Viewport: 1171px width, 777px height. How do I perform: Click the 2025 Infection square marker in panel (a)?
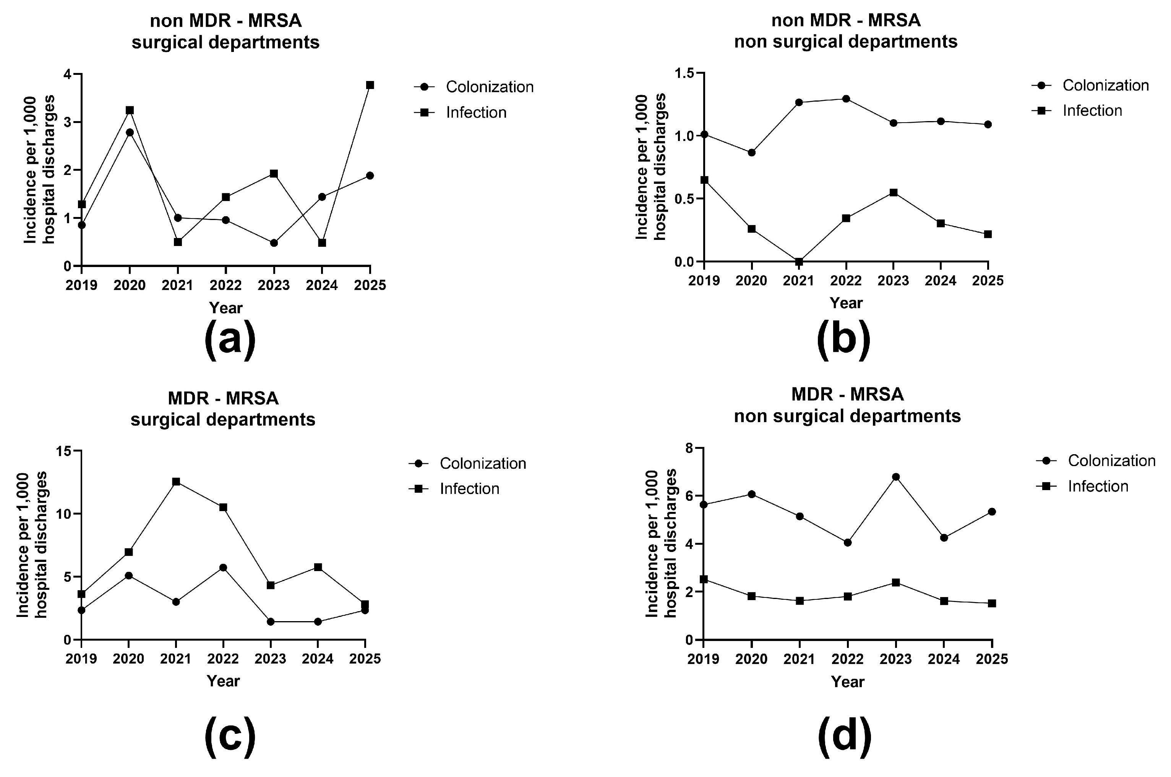[370, 85]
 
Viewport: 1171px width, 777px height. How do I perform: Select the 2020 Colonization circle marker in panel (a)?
[130, 132]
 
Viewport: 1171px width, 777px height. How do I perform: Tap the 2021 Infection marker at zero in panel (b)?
[799, 262]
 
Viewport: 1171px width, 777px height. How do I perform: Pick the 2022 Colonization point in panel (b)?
[846, 99]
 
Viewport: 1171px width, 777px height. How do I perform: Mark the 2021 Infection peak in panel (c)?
[176, 482]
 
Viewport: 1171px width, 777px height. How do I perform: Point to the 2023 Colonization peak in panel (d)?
[895, 477]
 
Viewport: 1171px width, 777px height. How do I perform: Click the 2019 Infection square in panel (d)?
[704, 579]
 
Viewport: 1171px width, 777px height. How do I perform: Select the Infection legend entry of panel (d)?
[1098, 486]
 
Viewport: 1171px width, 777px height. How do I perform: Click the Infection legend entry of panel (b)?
[1092, 110]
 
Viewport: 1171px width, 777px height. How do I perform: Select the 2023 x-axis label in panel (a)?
[274, 285]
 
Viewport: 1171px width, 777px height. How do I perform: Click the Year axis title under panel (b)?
[846, 303]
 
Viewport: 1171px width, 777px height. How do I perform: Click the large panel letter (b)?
[844, 340]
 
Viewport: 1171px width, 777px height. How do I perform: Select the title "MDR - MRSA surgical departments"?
[223, 409]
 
